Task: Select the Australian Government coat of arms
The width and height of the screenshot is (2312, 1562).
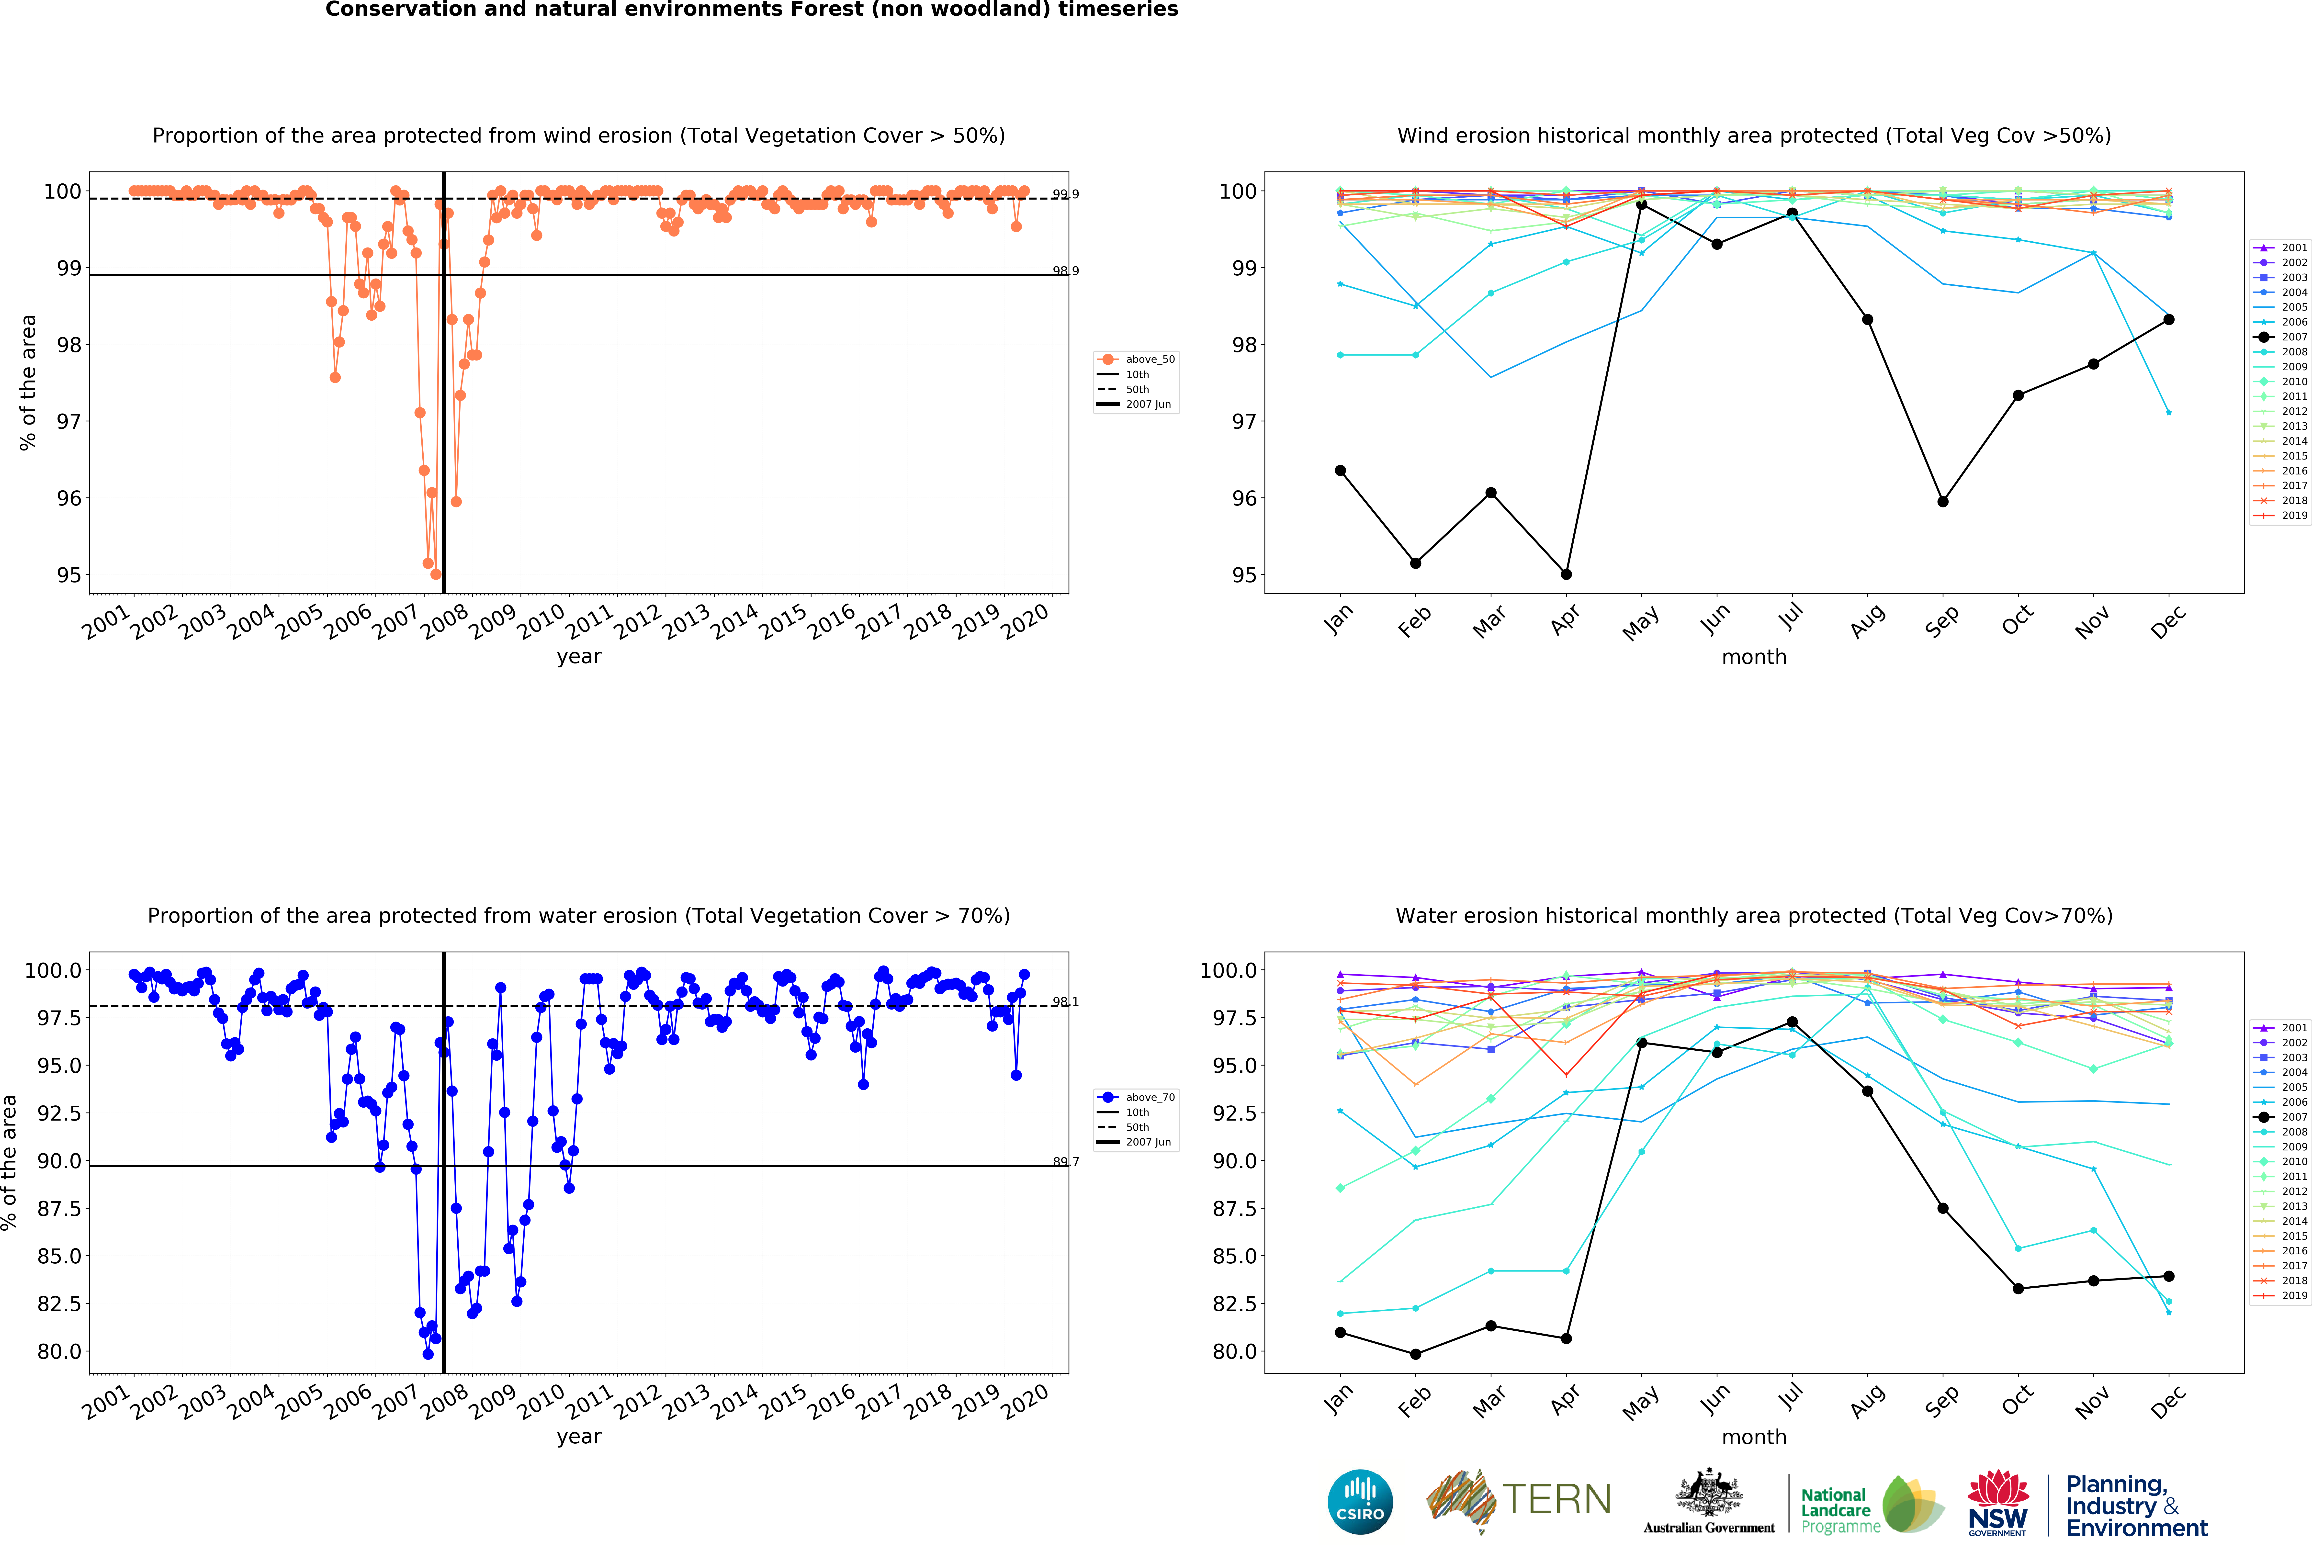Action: point(1708,1492)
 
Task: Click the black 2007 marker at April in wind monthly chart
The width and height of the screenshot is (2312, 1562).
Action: point(1566,574)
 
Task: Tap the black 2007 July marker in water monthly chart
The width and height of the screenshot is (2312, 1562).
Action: point(1792,1022)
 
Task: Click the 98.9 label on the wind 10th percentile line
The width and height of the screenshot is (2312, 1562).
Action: point(1065,271)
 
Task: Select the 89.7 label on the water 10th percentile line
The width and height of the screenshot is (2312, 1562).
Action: point(1065,1162)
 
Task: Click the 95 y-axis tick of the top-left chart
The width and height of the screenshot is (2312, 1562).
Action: point(69,575)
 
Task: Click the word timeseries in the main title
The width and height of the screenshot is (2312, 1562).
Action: point(1118,10)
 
